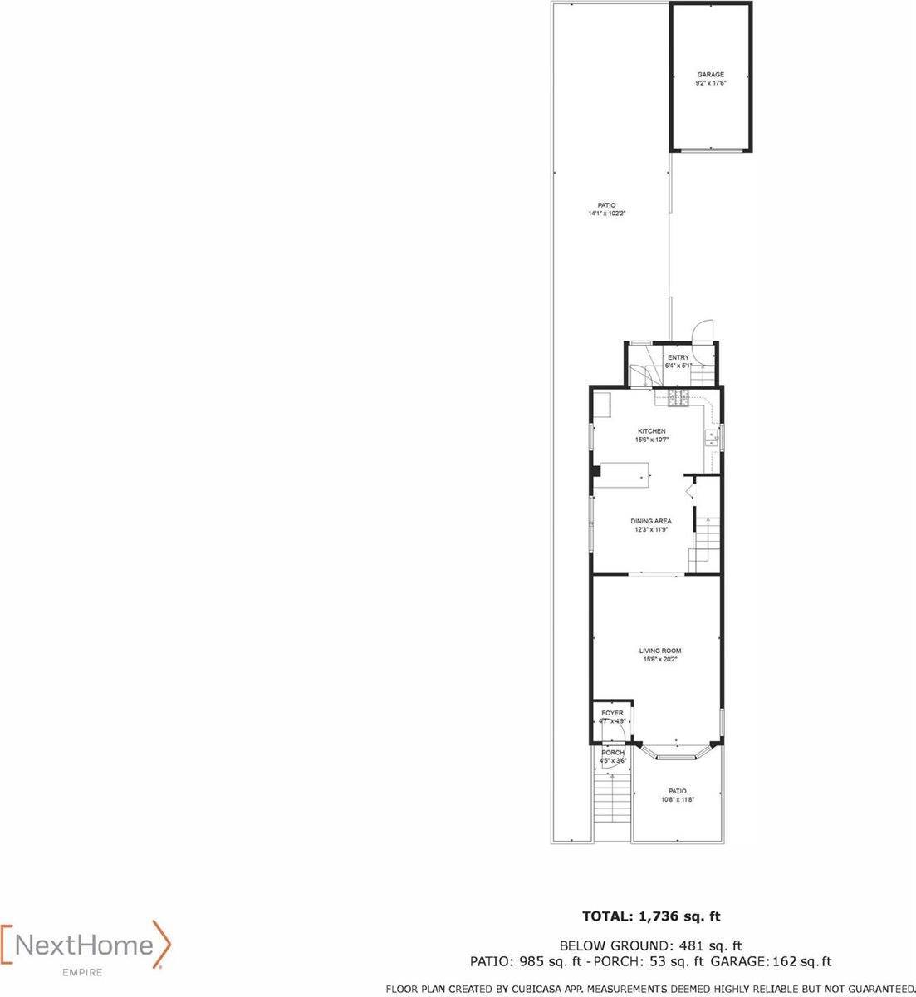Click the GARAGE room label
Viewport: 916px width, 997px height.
tap(710, 75)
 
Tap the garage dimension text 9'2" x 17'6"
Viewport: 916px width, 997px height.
tap(710, 83)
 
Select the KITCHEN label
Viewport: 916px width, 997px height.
tap(652, 430)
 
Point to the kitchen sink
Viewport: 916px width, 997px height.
tap(712, 439)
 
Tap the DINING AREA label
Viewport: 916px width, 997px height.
tap(650, 521)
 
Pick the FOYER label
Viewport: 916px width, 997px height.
tap(612, 713)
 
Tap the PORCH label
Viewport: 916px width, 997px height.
tap(613, 753)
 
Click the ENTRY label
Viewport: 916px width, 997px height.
tap(678, 358)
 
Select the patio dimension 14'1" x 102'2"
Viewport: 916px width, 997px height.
tap(607, 214)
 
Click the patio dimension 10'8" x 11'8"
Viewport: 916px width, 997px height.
tap(678, 799)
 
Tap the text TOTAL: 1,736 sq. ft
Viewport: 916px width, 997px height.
tap(650, 917)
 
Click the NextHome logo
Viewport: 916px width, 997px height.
tap(86, 946)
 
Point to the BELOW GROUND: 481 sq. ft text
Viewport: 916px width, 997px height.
tap(650, 945)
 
